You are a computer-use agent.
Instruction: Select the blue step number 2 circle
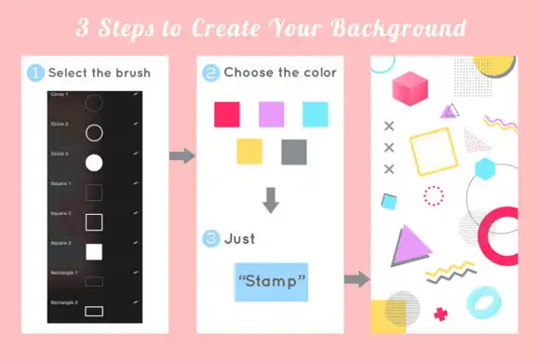[x=211, y=72]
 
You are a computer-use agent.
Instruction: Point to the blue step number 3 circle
[x=211, y=239]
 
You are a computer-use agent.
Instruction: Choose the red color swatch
[x=227, y=114]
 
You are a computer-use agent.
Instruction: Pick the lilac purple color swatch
[x=271, y=114]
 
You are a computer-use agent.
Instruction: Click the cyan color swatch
[x=316, y=114]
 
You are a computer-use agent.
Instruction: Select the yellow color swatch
[x=250, y=152]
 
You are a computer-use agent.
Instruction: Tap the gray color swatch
[x=293, y=152]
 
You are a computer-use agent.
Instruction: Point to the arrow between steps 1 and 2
[x=182, y=155]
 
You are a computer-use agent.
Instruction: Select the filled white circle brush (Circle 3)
[x=93, y=163]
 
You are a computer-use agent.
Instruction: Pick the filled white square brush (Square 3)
[x=93, y=251]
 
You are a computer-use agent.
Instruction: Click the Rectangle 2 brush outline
[x=93, y=309]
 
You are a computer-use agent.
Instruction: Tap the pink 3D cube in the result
[x=409, y=88]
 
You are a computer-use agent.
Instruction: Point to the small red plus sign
[x=439, y=314]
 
